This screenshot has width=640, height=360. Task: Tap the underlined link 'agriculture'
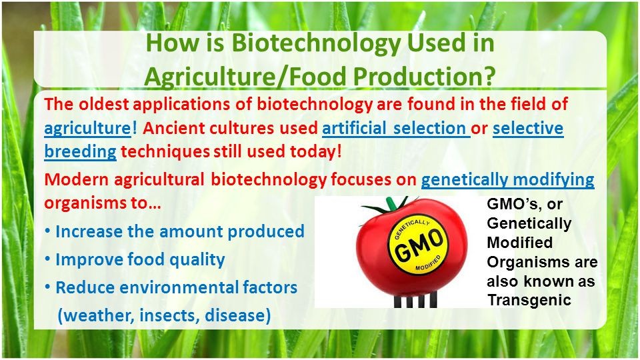(88, 129)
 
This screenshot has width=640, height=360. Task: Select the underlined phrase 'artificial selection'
(396, 128)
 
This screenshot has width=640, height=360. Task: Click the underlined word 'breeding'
(81, 151)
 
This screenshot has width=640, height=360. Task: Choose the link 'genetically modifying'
(508, 180)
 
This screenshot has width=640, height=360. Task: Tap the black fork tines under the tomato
(415, 299)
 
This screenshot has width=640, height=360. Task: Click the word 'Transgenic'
(529, 301)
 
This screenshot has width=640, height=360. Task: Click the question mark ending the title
(488, 76)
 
